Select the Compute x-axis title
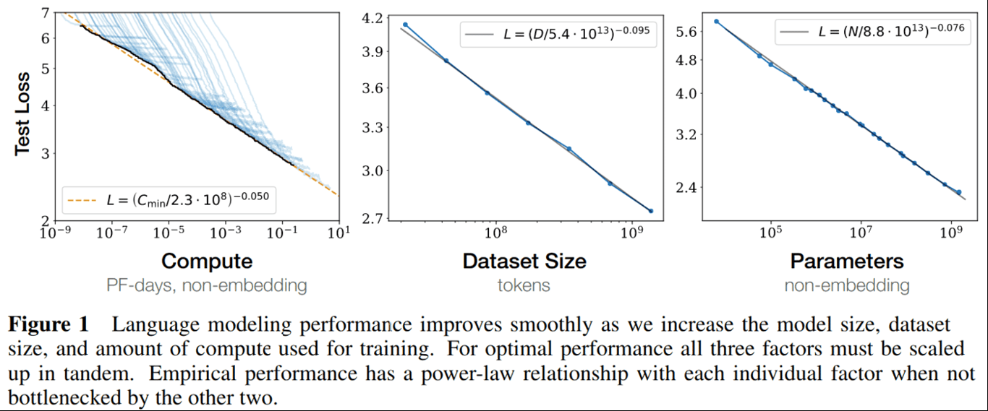coord(207,261)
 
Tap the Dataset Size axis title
coord(524,261)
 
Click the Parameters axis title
coord(847,261)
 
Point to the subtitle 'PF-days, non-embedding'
coord(207,285)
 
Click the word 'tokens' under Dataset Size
coord(524,285)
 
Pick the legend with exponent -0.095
coord(559,34)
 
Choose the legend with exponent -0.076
coord(872,32)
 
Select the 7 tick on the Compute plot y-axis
coord(45,13)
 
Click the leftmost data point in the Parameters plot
coord(716,21)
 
